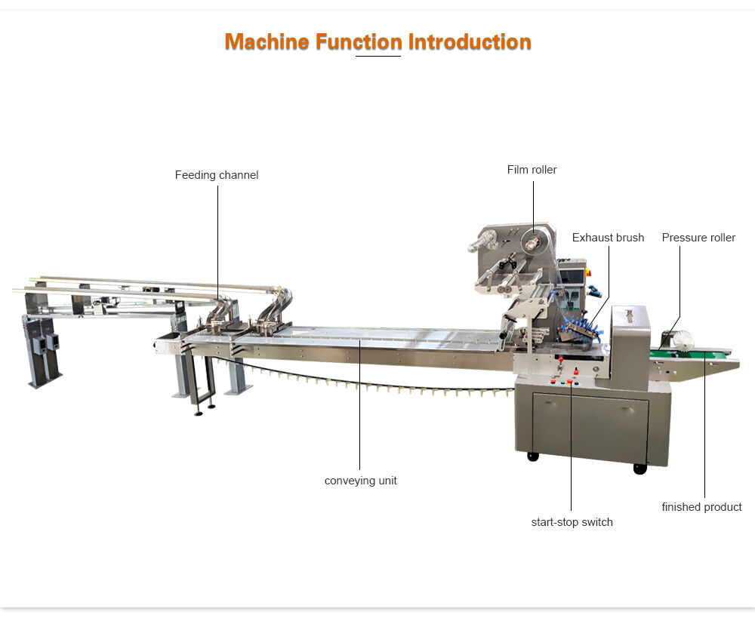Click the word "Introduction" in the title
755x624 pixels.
[470, 41]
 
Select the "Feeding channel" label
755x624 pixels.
[217, 175]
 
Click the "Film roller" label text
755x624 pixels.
[532, 170]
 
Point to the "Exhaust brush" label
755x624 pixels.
[608, 238]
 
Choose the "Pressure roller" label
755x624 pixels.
[698, 238]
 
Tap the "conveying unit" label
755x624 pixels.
[360, 481]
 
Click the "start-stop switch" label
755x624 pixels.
[572, 522]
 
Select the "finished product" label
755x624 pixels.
[701, 507]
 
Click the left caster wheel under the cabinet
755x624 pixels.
[533, 456]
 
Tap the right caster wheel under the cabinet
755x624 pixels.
[640, 469]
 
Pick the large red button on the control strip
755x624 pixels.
[577, 371]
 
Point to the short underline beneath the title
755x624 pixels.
[377, 56]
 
